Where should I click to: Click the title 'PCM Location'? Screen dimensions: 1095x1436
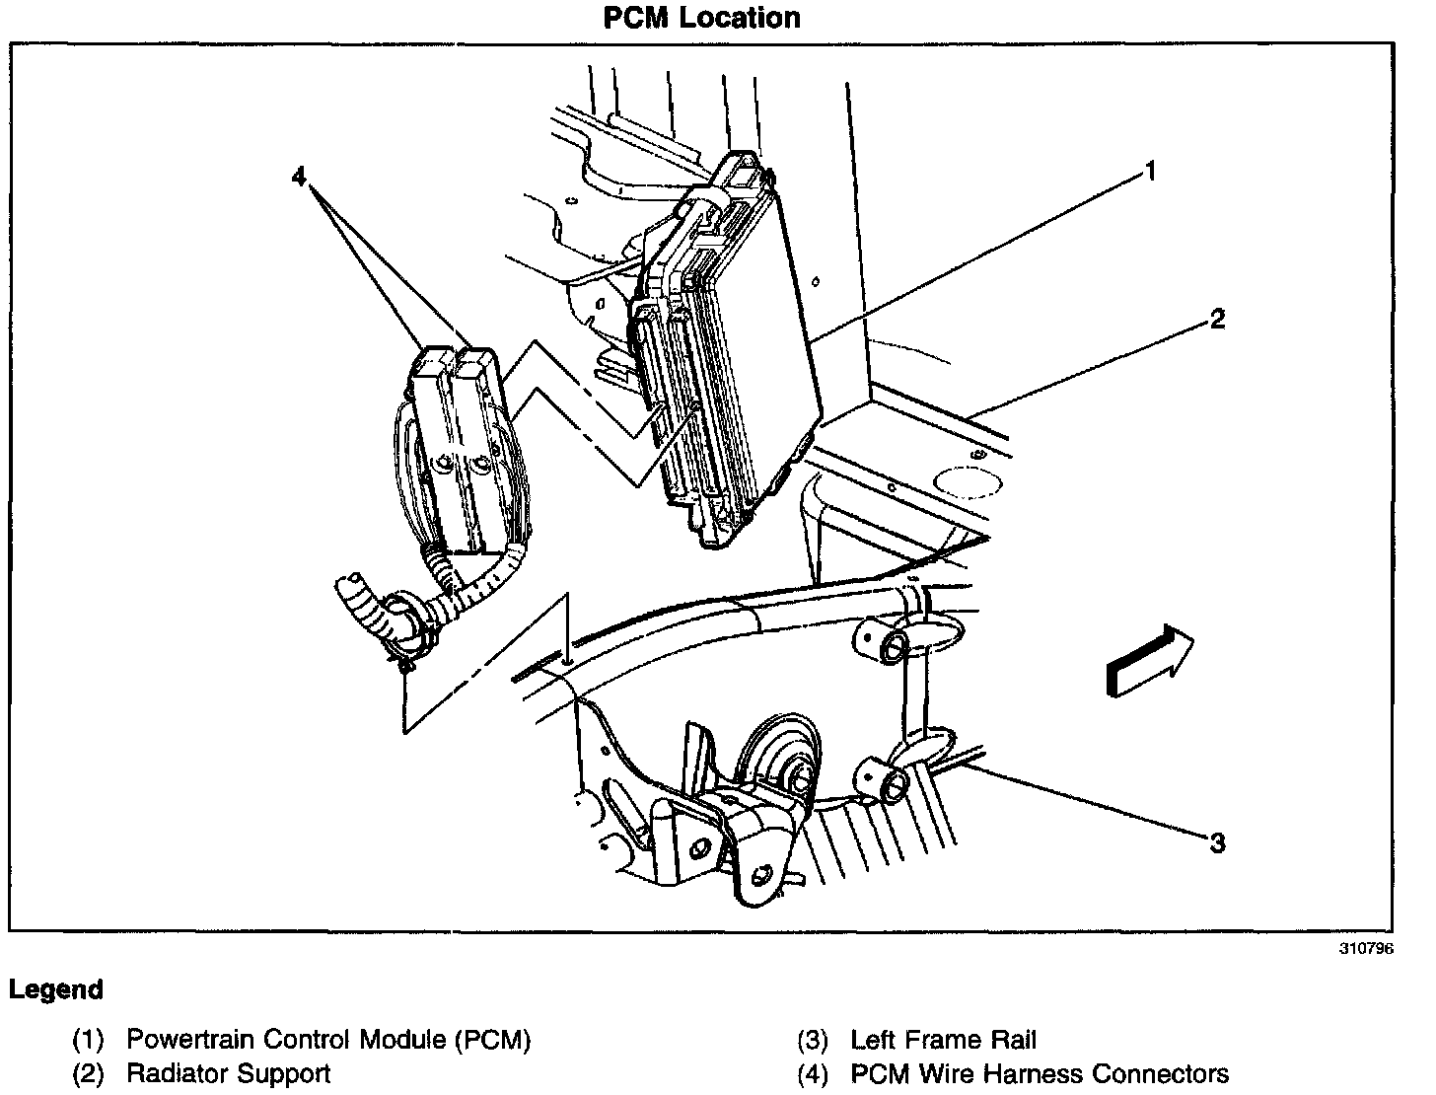701,18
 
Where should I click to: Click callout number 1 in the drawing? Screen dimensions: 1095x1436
1149,173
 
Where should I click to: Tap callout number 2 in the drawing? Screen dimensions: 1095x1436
1217,319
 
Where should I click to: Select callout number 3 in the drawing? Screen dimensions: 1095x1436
1217,842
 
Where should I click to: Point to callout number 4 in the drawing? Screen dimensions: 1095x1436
301,178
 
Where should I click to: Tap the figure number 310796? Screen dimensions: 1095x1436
1365,949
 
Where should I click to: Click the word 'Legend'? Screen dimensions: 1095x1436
56,989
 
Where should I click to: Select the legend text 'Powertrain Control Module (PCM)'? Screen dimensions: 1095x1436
328,1040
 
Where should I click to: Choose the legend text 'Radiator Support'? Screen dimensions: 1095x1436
228,1073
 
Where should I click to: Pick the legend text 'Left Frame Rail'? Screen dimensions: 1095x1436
943,1040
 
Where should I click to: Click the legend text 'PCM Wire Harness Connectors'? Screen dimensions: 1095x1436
1040,1073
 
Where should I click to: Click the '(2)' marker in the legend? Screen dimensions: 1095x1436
88,1073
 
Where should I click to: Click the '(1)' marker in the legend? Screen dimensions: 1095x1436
88,1040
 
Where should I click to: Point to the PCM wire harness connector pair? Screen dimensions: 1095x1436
459,444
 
